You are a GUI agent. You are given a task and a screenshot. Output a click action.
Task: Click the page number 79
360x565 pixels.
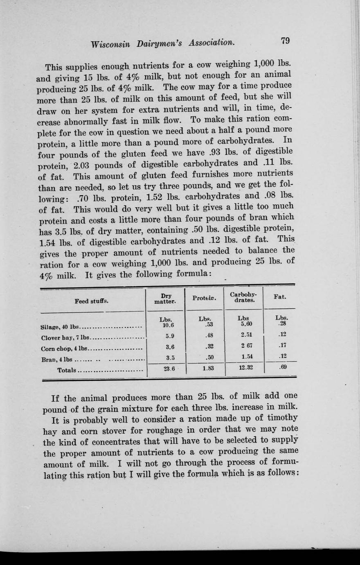pyautogui.click(x=285, y=41)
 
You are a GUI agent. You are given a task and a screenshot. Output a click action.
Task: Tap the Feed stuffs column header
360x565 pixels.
pyautogui.click(x=92, y=301)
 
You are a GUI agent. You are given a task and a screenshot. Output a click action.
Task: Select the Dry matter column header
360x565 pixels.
pyautogui.click(x=166, y=298)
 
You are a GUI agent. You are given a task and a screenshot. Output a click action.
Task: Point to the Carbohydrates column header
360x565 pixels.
pyautogui.click(x=243, y=298)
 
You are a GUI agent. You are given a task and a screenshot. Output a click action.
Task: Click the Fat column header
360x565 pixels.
pyautogui.click(x=280, y=297)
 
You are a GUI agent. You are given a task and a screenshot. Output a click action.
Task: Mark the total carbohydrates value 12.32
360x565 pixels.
pyautogui.click(x=245, y=368)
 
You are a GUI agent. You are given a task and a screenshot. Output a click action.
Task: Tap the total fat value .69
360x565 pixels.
pyautogui.click(x=282, y=367)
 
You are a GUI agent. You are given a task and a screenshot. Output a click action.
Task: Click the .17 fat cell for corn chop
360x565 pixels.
pyautogui.click(x=282, y=345)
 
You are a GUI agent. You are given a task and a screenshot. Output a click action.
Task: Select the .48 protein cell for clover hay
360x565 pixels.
pyautogui.click(x=209, y=335)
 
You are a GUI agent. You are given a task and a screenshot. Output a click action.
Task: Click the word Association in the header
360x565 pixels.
pyautogui.click(x=211, y=43)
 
